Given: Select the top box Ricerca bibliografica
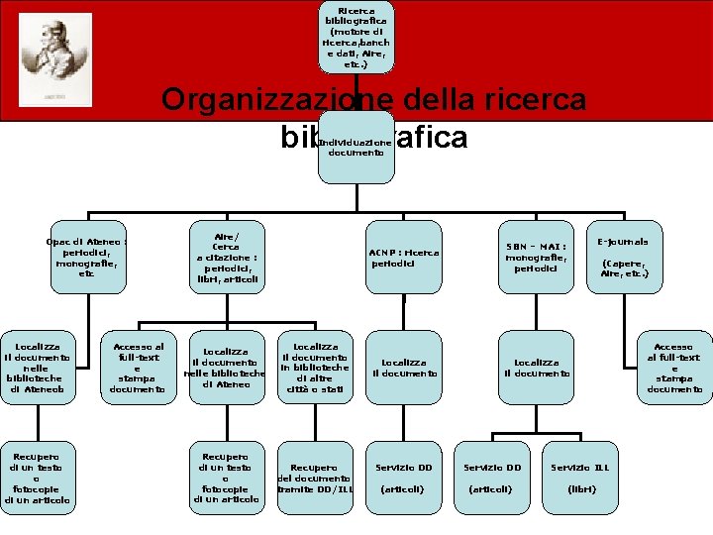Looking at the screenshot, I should click(356, 37).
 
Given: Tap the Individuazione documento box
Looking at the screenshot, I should click(356, 147).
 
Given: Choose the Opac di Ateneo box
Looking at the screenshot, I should click(88, 257).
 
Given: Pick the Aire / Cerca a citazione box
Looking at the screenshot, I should click(227, 258).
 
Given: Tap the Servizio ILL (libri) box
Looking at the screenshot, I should click(579, 478).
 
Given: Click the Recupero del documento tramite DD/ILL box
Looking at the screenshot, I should click(315, 479).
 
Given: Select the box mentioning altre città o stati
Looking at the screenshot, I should click(315, 369).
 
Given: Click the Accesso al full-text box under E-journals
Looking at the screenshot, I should click(674, 368).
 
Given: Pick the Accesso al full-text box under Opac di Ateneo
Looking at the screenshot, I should click(138, 368).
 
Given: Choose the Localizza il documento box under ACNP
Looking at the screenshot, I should click(404, 368).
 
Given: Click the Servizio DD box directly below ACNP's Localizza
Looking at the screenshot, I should click(404, 478).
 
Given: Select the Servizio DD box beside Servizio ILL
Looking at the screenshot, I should click(492, 478).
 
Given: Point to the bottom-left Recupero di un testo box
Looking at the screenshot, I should click(39, 478).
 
